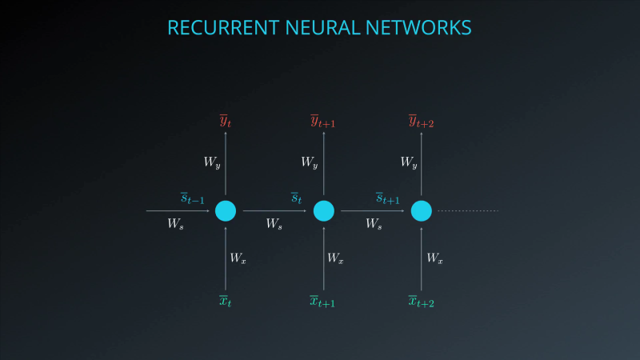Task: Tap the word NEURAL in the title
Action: pos(317,28)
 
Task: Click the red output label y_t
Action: pos(226,121)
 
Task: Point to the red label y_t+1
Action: pos(323,121)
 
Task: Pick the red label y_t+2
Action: pos(422,121)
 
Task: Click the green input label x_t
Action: pos(226,301)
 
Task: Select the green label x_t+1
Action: pos(323,301)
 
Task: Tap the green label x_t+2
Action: pos(422,301)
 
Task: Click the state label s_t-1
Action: pos(192,198)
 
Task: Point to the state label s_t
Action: pos(296,198)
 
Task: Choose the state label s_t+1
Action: pos(388,198)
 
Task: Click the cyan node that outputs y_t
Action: pos(226,211)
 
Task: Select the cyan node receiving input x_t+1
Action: pos(323,211)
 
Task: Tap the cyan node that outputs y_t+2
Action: pos(422,211)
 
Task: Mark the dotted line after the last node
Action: pos(468,211)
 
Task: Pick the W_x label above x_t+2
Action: pos(434,258)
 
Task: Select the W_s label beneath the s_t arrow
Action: pos(274,225)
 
